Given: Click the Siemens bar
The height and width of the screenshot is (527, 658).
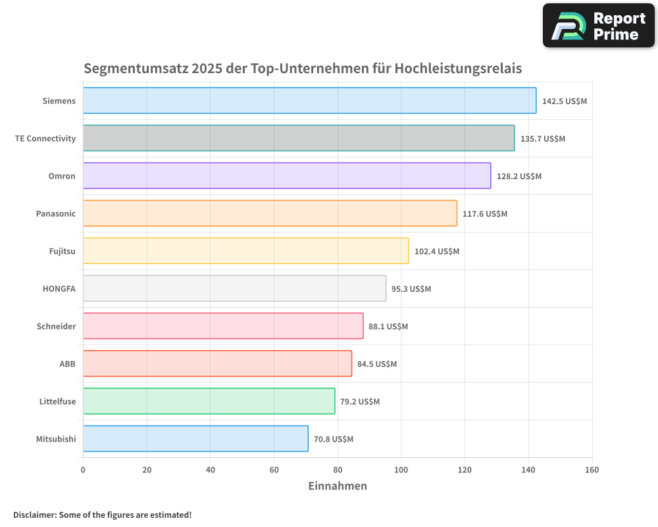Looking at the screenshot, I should [x=309, y=101].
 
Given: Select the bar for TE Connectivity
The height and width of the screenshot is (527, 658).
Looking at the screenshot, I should [x=299, y=138].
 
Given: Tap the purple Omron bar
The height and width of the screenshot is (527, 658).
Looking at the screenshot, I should [x=287, y=176].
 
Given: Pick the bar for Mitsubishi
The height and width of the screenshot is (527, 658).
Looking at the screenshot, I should [x=195, y=439].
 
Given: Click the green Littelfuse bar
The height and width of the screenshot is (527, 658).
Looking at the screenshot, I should [x=209, y=401].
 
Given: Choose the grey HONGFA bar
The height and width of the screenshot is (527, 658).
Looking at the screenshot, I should [x=234, y=289].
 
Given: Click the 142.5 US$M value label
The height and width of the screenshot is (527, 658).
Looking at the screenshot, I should [x=565, y=101].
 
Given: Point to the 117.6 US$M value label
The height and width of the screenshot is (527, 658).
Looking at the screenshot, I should [x=485, y=214].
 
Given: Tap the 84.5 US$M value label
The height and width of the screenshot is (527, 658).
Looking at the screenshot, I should [x=377, y=364].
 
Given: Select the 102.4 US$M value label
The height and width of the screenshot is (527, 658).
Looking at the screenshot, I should [x=437, y=252].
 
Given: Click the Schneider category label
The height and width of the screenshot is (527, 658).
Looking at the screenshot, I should [x=56, y=327].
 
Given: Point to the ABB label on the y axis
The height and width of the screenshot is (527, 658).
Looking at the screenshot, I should [x=67, y=364].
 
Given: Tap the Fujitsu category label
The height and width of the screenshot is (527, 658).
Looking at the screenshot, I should [x=62, y=252].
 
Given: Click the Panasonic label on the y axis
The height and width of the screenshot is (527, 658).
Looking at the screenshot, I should [x=55, y=214].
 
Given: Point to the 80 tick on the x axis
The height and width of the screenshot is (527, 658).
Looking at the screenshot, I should [x=338, y=470].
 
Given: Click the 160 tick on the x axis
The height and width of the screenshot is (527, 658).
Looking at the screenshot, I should [x=592, y=470].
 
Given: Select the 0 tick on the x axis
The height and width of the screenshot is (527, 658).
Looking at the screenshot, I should [x=83, y=470].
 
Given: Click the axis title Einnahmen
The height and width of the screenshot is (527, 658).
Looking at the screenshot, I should [x=338, y=486].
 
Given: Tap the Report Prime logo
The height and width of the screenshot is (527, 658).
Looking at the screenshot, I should [x=599, y=26].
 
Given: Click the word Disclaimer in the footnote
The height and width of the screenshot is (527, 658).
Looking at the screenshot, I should [x=34, y=515].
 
